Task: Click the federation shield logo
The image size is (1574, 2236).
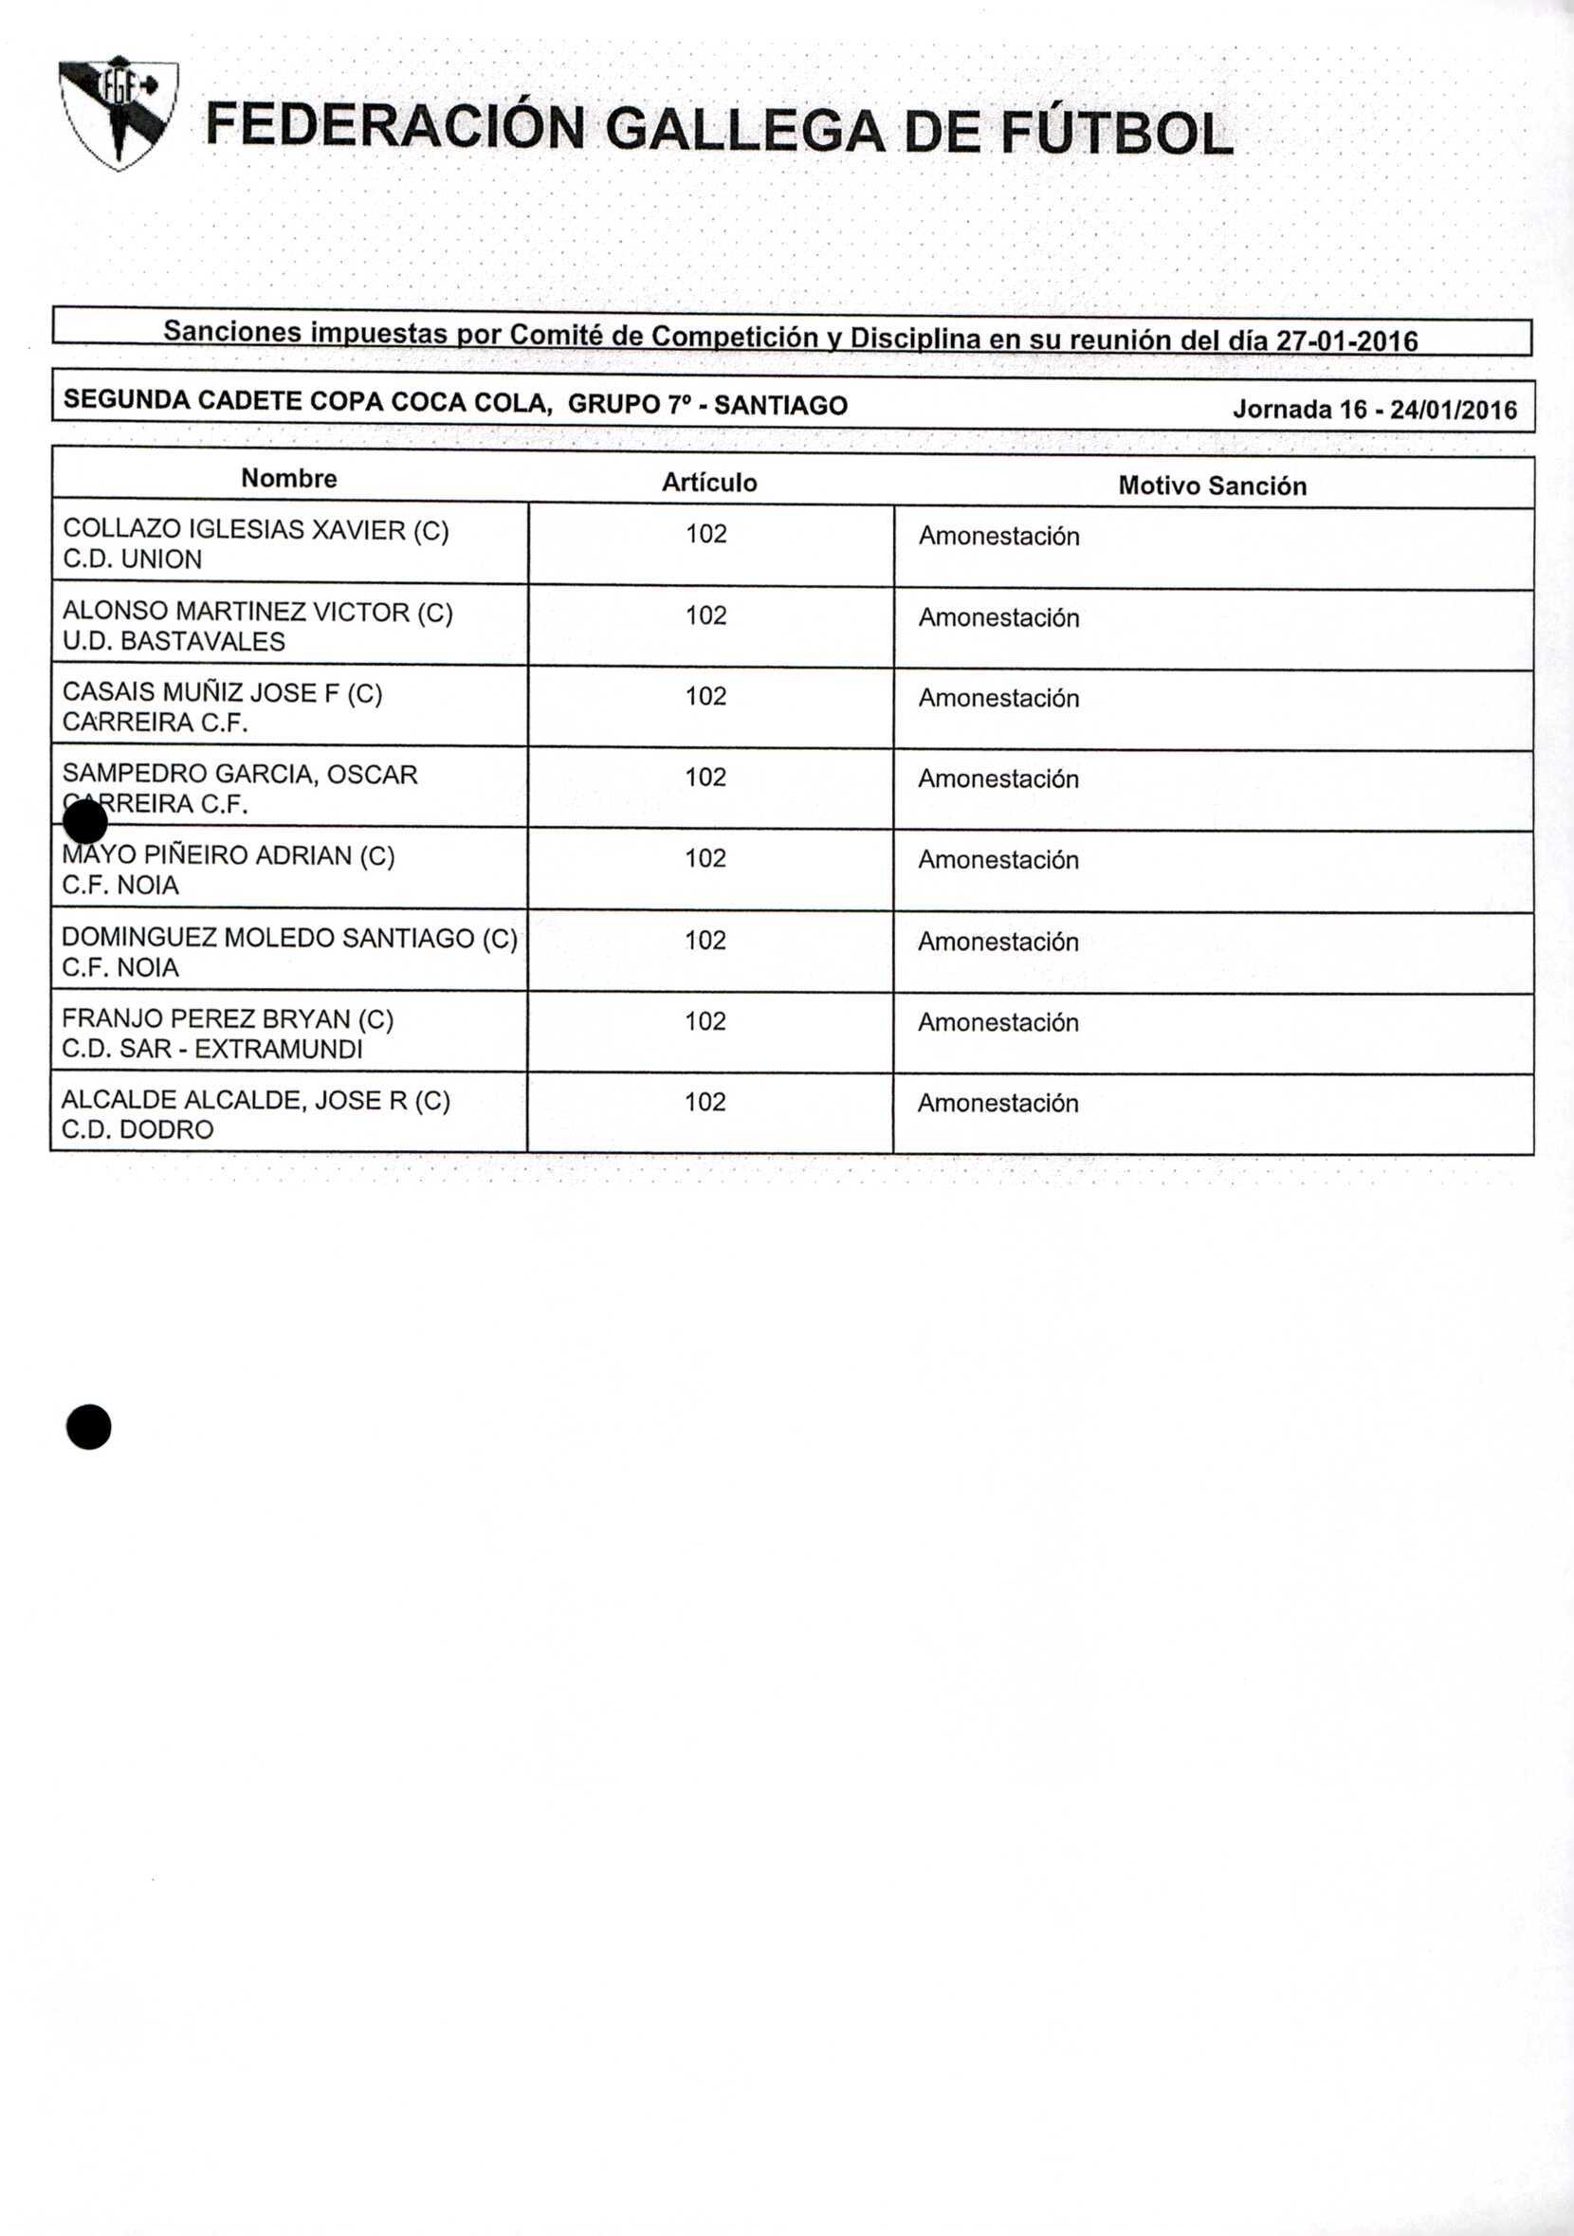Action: pyautogui.click(x=118, y=111)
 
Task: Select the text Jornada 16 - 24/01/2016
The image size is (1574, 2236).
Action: pyautogui.click(x=1374, y=410)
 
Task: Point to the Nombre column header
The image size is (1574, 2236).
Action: pyautogui.click(x=289, y=479)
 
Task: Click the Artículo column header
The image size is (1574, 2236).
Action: pyautogui.click(x=709, y=483)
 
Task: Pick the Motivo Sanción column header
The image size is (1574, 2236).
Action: pyautogui.click(x=1212, y=486)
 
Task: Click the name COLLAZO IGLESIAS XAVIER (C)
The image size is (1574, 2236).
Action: pyautogui.click(x=256, y=531)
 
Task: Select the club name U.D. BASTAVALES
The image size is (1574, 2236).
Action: pyautogui.click(x=174, y=642)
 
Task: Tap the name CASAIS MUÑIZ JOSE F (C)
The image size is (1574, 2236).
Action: pyautogui.click(x=222, y=693)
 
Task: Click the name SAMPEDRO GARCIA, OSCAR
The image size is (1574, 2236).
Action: pyautogui.click(x=240, y=775)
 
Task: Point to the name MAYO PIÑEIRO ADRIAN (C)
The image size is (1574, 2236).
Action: pyautogui.click(x=229, y=856)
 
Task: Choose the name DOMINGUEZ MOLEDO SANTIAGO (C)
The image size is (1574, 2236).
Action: pyautogui.click(x=289, y=938)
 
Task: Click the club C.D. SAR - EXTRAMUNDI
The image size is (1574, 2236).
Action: pyautogui.click(x=211, y=1049)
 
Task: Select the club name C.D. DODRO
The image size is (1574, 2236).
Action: pyautogui.click(x=137, y=1129)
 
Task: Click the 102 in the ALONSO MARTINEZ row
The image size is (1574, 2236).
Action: pyautogui.click(x=706, y=615)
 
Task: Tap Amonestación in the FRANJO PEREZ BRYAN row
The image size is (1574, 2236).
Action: pyautogui.click(x=998, y=1022)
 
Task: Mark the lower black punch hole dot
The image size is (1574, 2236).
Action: pyautogui.click(x=88, y=1428)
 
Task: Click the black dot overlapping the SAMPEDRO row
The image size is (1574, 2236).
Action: pyautogui.click(x=84, y=824)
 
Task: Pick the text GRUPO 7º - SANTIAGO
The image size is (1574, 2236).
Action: pyautogui.click(x=707, y=405)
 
